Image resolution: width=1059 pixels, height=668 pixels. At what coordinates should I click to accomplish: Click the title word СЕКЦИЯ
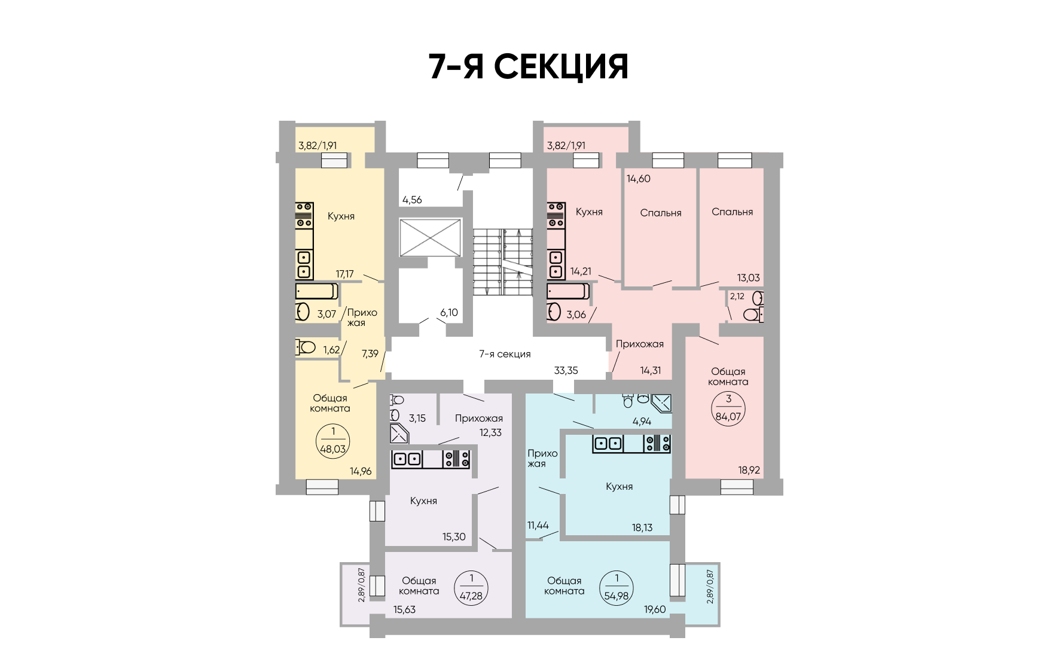pos(561,66)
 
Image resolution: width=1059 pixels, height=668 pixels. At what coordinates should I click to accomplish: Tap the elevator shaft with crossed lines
pos(431,237)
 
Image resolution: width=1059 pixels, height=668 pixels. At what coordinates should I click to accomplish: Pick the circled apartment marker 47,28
pos(471,588)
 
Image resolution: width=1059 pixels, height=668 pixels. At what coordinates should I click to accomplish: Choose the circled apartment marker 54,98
pos(617,588)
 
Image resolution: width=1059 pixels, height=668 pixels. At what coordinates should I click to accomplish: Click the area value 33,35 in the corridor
pos(566,370)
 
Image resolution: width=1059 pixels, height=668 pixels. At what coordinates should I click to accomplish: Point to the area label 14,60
pos(638,178)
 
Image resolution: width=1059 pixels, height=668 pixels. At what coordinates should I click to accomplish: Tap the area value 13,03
pos(748,277)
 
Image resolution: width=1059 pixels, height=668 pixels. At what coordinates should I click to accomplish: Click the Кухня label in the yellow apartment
pos(341,216)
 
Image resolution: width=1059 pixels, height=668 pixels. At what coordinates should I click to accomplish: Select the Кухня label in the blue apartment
pos(619,486)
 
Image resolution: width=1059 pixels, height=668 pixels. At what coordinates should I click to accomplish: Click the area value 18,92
pos(749,470)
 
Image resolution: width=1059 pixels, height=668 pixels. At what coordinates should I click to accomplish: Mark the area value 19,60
pos(655,609)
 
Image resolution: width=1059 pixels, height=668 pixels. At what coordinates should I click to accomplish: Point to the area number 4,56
pos(412,200)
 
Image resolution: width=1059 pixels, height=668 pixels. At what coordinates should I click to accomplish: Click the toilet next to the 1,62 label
pos(306,347)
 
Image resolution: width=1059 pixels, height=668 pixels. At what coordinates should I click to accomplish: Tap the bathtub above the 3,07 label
pos(317,291)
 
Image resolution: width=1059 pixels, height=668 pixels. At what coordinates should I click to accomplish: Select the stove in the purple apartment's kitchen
pos(456,459)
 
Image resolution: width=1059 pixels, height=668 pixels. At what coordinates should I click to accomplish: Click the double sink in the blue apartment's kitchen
pos(608,444)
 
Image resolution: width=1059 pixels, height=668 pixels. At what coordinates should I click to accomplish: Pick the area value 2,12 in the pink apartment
pos(737,296)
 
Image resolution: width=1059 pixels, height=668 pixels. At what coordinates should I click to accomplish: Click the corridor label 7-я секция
pos(505,354)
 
